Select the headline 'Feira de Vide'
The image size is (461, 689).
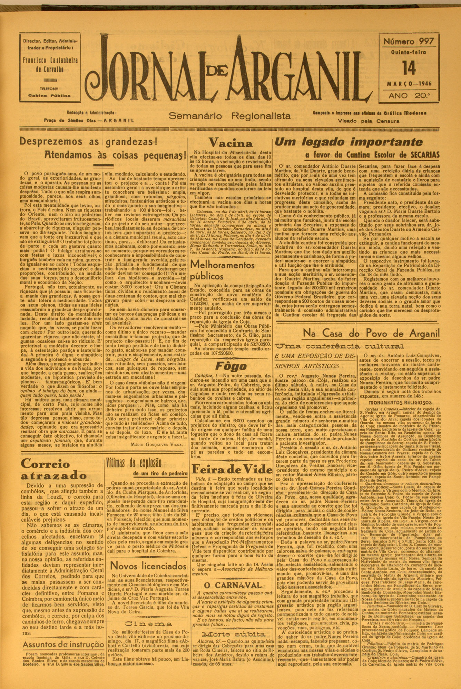click(232, 469)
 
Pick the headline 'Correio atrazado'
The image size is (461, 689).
click(54, 470)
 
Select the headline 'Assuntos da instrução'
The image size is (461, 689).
click(63, 645)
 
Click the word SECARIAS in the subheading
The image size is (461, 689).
click(421, 155)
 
